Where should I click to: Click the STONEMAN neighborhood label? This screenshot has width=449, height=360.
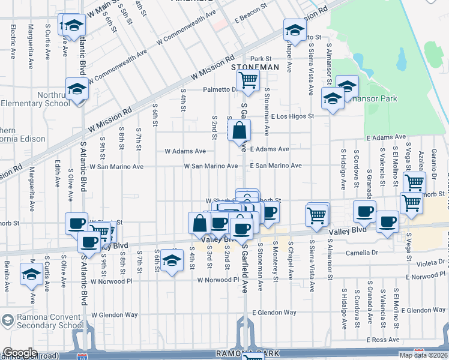click(x=255, y=68)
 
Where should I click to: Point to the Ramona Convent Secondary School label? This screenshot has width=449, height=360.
click(x=42, y=320)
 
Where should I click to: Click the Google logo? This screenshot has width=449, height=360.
click(x=20, y=353)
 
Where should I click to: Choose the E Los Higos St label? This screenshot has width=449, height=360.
click(x=292, y=116)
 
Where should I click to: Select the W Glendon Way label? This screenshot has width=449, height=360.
click(x=114, y=314)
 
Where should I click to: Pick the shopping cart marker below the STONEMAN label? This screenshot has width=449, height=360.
click(x=248, y=80)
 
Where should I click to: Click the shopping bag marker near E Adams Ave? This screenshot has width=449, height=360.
click(x=239, y=130)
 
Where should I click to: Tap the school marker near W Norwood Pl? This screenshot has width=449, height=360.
click(x=172, y=260)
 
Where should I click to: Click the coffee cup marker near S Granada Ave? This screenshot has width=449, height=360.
click(x=365, y=211)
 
